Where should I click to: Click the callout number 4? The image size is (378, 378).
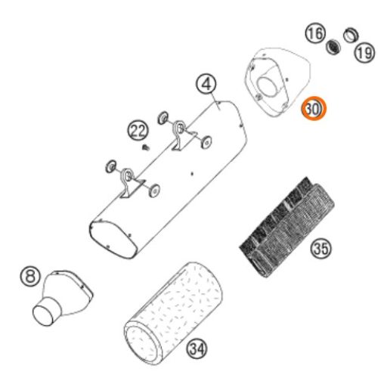pyautogui.click(x=206, y=84)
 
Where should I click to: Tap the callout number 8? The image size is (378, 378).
pyautogui.click(x=30, y=276)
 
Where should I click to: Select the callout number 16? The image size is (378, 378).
pyautogui.click(x=315, y=33)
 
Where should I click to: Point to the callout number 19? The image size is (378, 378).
pyautogui.click(x=365, y=53)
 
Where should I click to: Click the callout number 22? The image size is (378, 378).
pyautogui.click(x=138, y=131)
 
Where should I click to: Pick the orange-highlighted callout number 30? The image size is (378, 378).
pyautogui.click(x=314, y=108)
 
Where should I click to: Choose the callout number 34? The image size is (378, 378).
pyautogui.click(x=197, y=349)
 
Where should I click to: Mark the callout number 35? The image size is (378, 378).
pyautogui.click(x=321, y=248)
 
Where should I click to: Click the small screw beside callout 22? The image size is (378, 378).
pyautogui.click(x=146, y=147)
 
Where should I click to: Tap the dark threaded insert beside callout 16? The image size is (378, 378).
pyautogui.click(x=333, y=47)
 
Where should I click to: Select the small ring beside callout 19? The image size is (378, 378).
pyautogui.click(x=351, y=35)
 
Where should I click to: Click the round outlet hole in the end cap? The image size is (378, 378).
pyautogui.click(x=268, y=87)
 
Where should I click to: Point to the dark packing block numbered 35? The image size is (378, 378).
pyautogui.click(x=287, y=227)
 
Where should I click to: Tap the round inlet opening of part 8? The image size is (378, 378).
pyautogui.click(x=43, y=315)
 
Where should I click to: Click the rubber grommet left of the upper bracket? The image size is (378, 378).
pyautogui.click(x=163, y=117)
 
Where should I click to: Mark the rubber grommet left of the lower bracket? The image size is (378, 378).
pyautogui.click(x=111, y=166)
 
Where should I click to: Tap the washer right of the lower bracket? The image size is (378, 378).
pyautogui.click(x=154, y=191)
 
